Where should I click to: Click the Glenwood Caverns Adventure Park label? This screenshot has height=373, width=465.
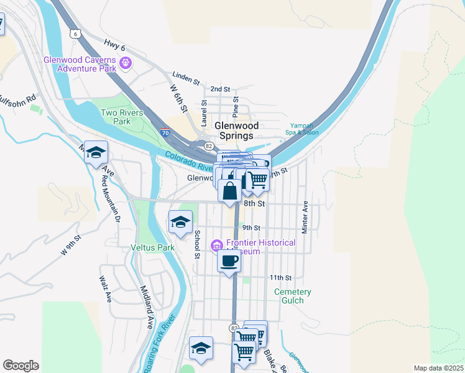(79, 64)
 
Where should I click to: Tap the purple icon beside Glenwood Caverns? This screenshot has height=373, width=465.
(126, 62)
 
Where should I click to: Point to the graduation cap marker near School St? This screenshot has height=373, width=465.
(180, 223)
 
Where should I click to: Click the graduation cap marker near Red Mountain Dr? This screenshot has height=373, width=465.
(96, 152)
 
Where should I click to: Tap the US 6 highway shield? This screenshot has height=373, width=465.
(75, 34)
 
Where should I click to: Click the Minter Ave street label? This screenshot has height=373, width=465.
(305, 217)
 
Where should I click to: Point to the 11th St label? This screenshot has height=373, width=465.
(280, 277)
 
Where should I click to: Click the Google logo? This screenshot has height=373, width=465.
(21, 365)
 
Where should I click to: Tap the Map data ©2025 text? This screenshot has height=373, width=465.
(438, 368)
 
